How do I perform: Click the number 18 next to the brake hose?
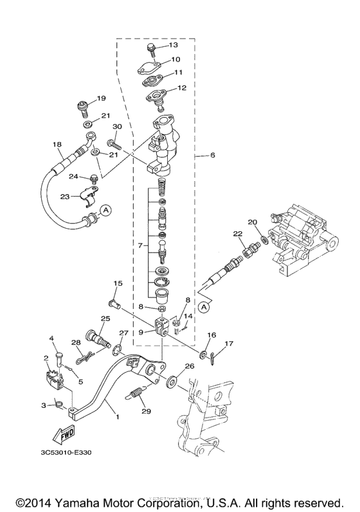tap(56, 145)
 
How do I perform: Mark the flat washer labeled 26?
tap(172, 382)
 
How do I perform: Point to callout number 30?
tap(117, 127)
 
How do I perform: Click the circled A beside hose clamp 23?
tap(107, 209)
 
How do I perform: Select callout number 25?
tap(105, 319)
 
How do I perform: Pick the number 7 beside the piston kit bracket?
tap(134, 245)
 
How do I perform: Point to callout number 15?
tap(118, 283)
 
